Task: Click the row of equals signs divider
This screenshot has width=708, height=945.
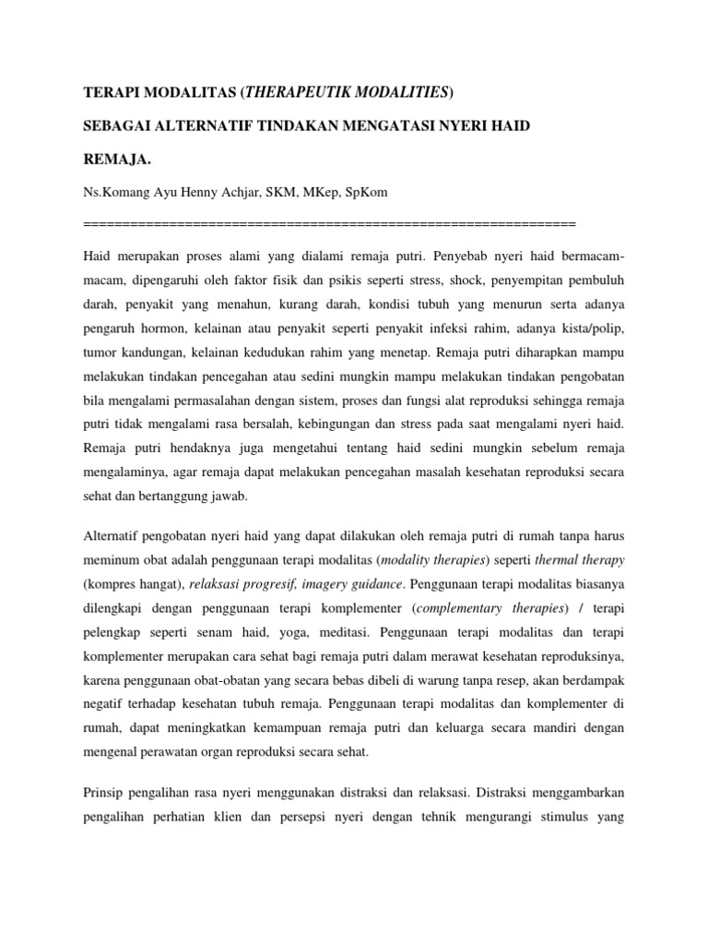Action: tap(329, 224)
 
